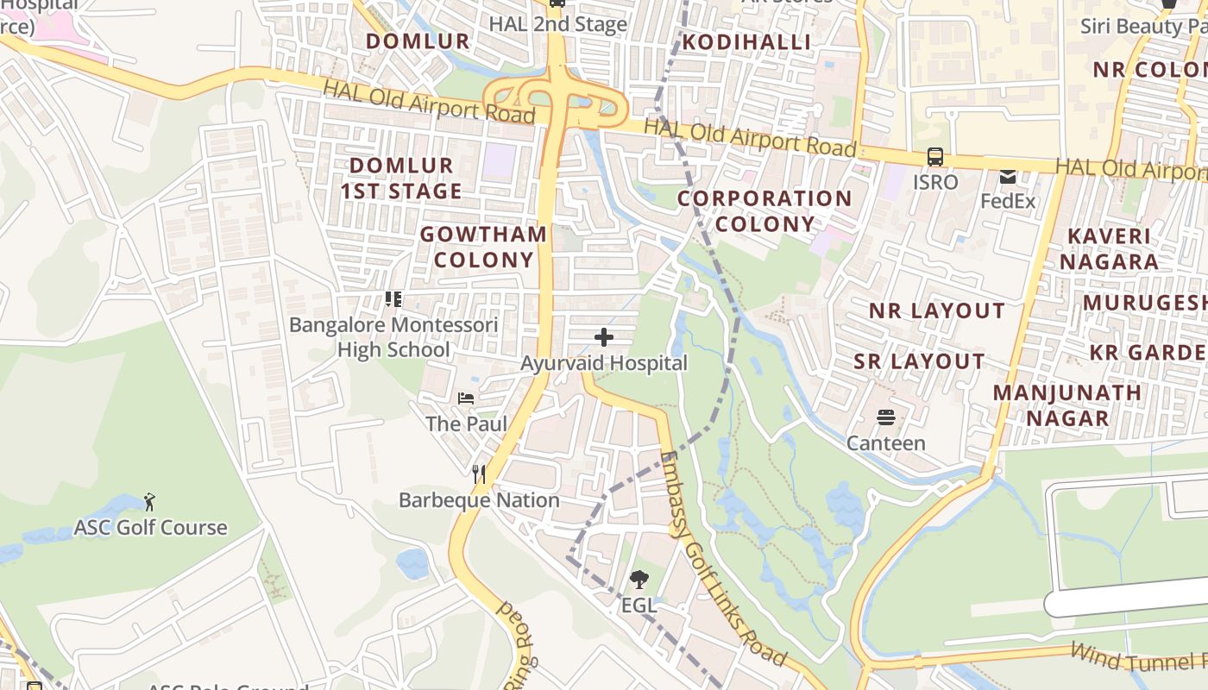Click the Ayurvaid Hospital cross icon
click(x=604, y=337)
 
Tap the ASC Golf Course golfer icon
click(x=149, y=501)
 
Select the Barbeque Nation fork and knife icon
click(x=479, y=474)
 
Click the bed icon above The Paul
click(x=466, y=398)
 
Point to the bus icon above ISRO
click(x=935, y=157)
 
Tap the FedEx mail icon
click(x=1007, y=177)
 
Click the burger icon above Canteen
click(x=885, y=417)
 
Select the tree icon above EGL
click(x=639, y=580)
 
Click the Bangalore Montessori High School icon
click(x=393, y=299)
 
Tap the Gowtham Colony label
click(x=484, y=247)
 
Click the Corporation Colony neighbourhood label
click(x=764, y=211)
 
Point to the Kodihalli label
click(x=747, y=42)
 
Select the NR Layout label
click(x=936, y=311)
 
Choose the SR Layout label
click(x=919, y=361)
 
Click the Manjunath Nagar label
click(x=1066, y=405)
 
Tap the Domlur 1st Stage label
click(x=401, y=179)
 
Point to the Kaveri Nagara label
click(x=1109, y=248)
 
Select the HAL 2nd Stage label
click(x=557, y=24)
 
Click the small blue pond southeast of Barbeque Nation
click(x=412, y=562)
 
